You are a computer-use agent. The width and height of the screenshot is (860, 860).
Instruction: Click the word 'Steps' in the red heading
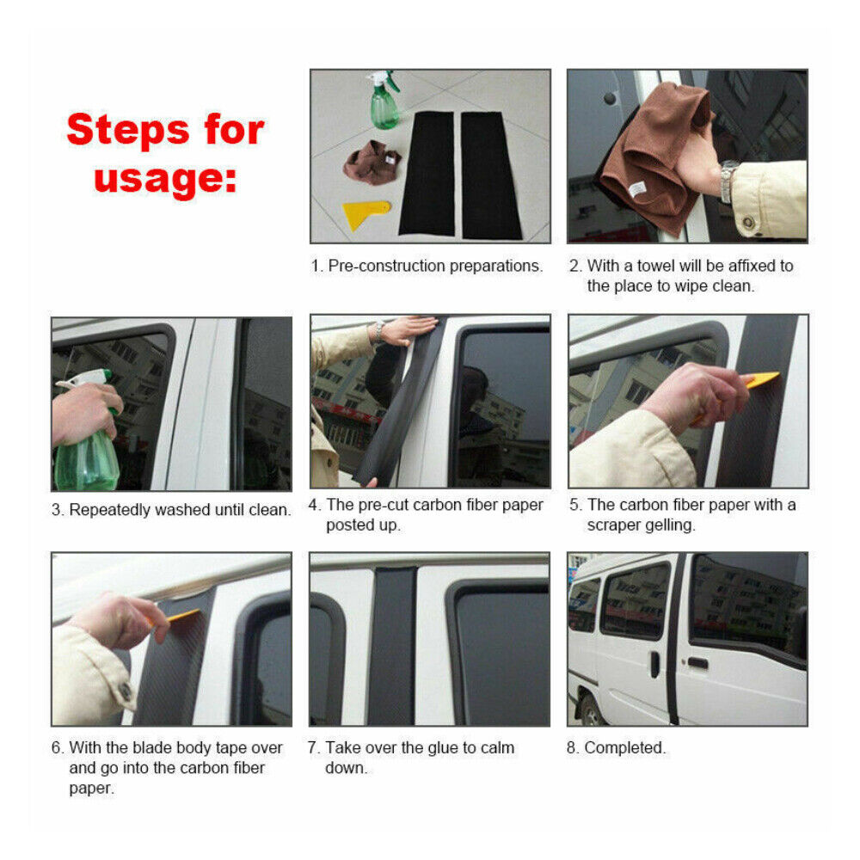[x=128, y=130]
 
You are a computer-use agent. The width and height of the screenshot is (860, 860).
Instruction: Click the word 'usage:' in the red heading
[x=165, y=180]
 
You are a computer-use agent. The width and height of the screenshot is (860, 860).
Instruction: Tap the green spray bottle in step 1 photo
[x=384, y=100]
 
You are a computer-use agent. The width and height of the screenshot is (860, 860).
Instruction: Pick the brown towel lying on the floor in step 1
[x=372, y=163]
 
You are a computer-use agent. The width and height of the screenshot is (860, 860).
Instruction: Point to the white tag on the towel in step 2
[x=638, y=189]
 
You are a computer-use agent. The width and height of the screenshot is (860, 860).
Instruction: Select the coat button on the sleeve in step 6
[x=126, y=691]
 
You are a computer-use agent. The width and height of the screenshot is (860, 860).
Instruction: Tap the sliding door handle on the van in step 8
[x=654, y=664]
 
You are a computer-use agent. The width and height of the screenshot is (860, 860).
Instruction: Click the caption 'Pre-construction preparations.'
[x=435, y=266]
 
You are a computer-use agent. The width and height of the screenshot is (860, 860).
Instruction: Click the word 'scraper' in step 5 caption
[x=613, y=525]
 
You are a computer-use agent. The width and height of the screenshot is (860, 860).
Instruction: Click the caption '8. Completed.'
[x=616, y=747]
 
